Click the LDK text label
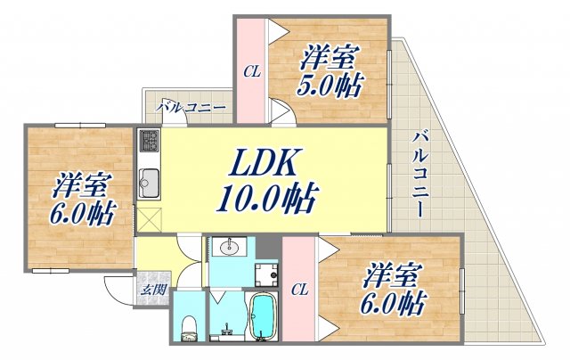[x=262, y=162]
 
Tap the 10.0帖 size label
[x=267, y=199]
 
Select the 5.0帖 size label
[x=330, y=86]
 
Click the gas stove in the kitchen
[x=150, y=140]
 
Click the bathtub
[x=262, y=316]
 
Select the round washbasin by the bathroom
[x=229, y=248]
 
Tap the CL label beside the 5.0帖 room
[x=252, y=71]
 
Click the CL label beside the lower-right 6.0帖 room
[x=299, y=290]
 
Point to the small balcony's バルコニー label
[x=191, y=107]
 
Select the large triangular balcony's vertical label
[x=420, y=176]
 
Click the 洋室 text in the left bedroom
[x=79, y=185]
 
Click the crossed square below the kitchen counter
[x=149, y=219]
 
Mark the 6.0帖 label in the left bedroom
[x=83, y=214]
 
